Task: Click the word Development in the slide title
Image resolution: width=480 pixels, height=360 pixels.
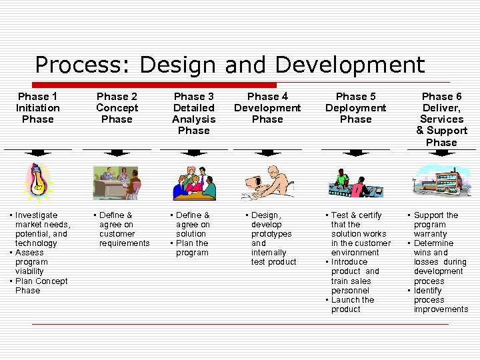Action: click(349, 65)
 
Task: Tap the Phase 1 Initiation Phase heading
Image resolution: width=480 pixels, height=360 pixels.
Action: click(38, 108)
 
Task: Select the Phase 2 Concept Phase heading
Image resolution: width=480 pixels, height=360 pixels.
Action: click(117, 108)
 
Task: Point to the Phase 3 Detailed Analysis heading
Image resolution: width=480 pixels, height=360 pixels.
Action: click(193, 113)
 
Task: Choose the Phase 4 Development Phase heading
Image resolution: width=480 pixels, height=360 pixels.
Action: click(267, 108)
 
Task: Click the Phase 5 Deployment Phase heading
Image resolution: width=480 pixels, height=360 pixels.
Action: click(355, 108)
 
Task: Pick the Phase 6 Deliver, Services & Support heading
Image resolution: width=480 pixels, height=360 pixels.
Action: click(441, 119)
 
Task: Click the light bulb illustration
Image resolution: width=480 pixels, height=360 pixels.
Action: click(38, 181)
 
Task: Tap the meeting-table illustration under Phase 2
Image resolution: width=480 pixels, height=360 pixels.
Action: click(117, 183)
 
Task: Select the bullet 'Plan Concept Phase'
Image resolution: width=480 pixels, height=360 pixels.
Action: click(39, 285)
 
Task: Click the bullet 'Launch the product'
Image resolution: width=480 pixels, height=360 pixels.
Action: click(352, 305)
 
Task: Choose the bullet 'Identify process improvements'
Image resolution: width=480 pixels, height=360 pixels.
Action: click(440, 300)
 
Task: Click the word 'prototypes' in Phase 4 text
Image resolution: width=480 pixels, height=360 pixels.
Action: click(271, 234)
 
